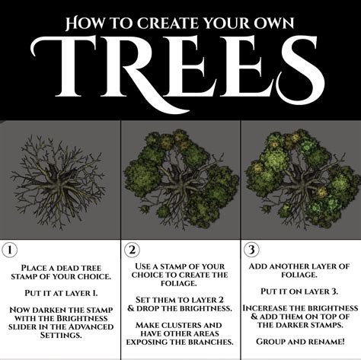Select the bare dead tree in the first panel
(x=59, y=178)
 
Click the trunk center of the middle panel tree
(x=181, y=183)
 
